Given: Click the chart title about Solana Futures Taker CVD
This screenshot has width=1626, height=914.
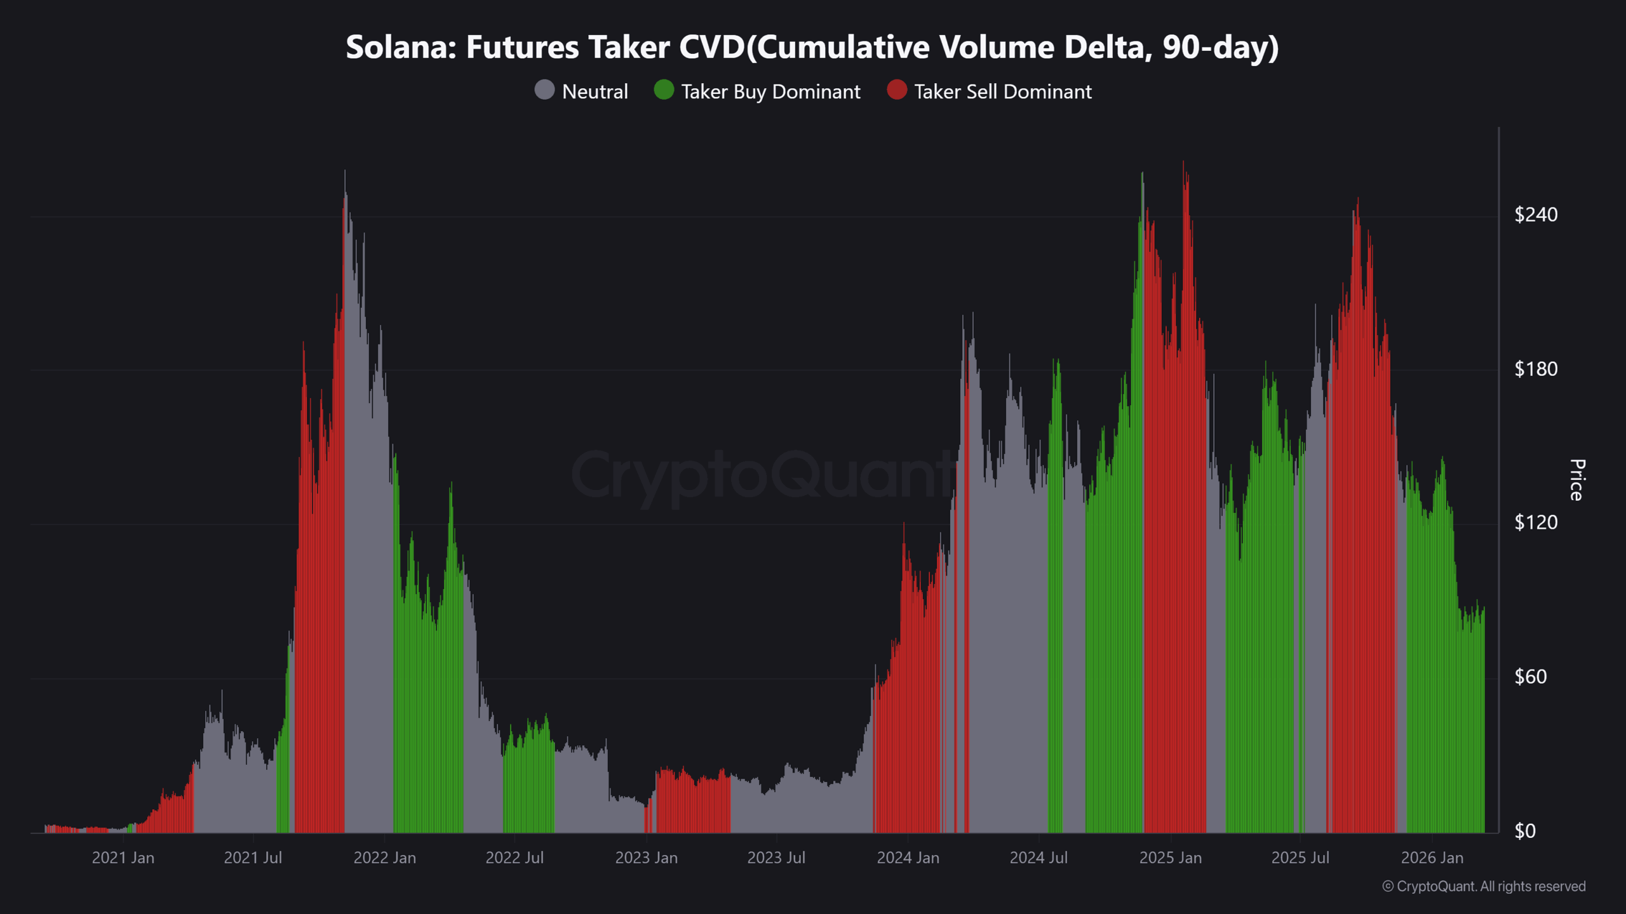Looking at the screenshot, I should [812, 48].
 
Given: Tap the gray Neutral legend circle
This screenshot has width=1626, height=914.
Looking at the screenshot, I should [544, 90].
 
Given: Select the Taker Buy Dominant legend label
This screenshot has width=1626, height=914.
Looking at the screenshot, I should [770, 92].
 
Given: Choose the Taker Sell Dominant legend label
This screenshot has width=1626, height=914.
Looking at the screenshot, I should [1003, 92].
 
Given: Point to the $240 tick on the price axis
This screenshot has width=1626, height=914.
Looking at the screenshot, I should [1536, 215].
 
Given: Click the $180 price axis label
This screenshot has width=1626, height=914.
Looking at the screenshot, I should [1536, 369].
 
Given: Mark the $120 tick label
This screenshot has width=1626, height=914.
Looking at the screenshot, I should [1536, 522].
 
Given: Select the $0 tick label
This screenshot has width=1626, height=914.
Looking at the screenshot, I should [1524, 831].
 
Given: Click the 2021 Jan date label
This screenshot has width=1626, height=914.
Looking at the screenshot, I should [123, 858].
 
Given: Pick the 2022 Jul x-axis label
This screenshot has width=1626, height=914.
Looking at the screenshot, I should [514, 858].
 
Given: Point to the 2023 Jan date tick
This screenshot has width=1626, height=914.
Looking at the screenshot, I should [646, 858].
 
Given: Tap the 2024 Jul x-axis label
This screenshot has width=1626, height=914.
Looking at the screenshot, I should [1038, 858].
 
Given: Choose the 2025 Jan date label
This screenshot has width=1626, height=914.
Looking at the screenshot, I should [1170, 858].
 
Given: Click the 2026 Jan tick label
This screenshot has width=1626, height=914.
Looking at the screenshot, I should [1432, 858].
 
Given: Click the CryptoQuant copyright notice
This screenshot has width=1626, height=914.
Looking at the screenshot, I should [1484, 886].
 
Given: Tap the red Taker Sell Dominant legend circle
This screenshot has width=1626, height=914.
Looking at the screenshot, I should [897, 90].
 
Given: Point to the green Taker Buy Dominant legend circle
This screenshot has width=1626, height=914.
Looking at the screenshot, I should [664, 90].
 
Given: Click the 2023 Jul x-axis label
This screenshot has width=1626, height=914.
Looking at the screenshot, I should [776, 858].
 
